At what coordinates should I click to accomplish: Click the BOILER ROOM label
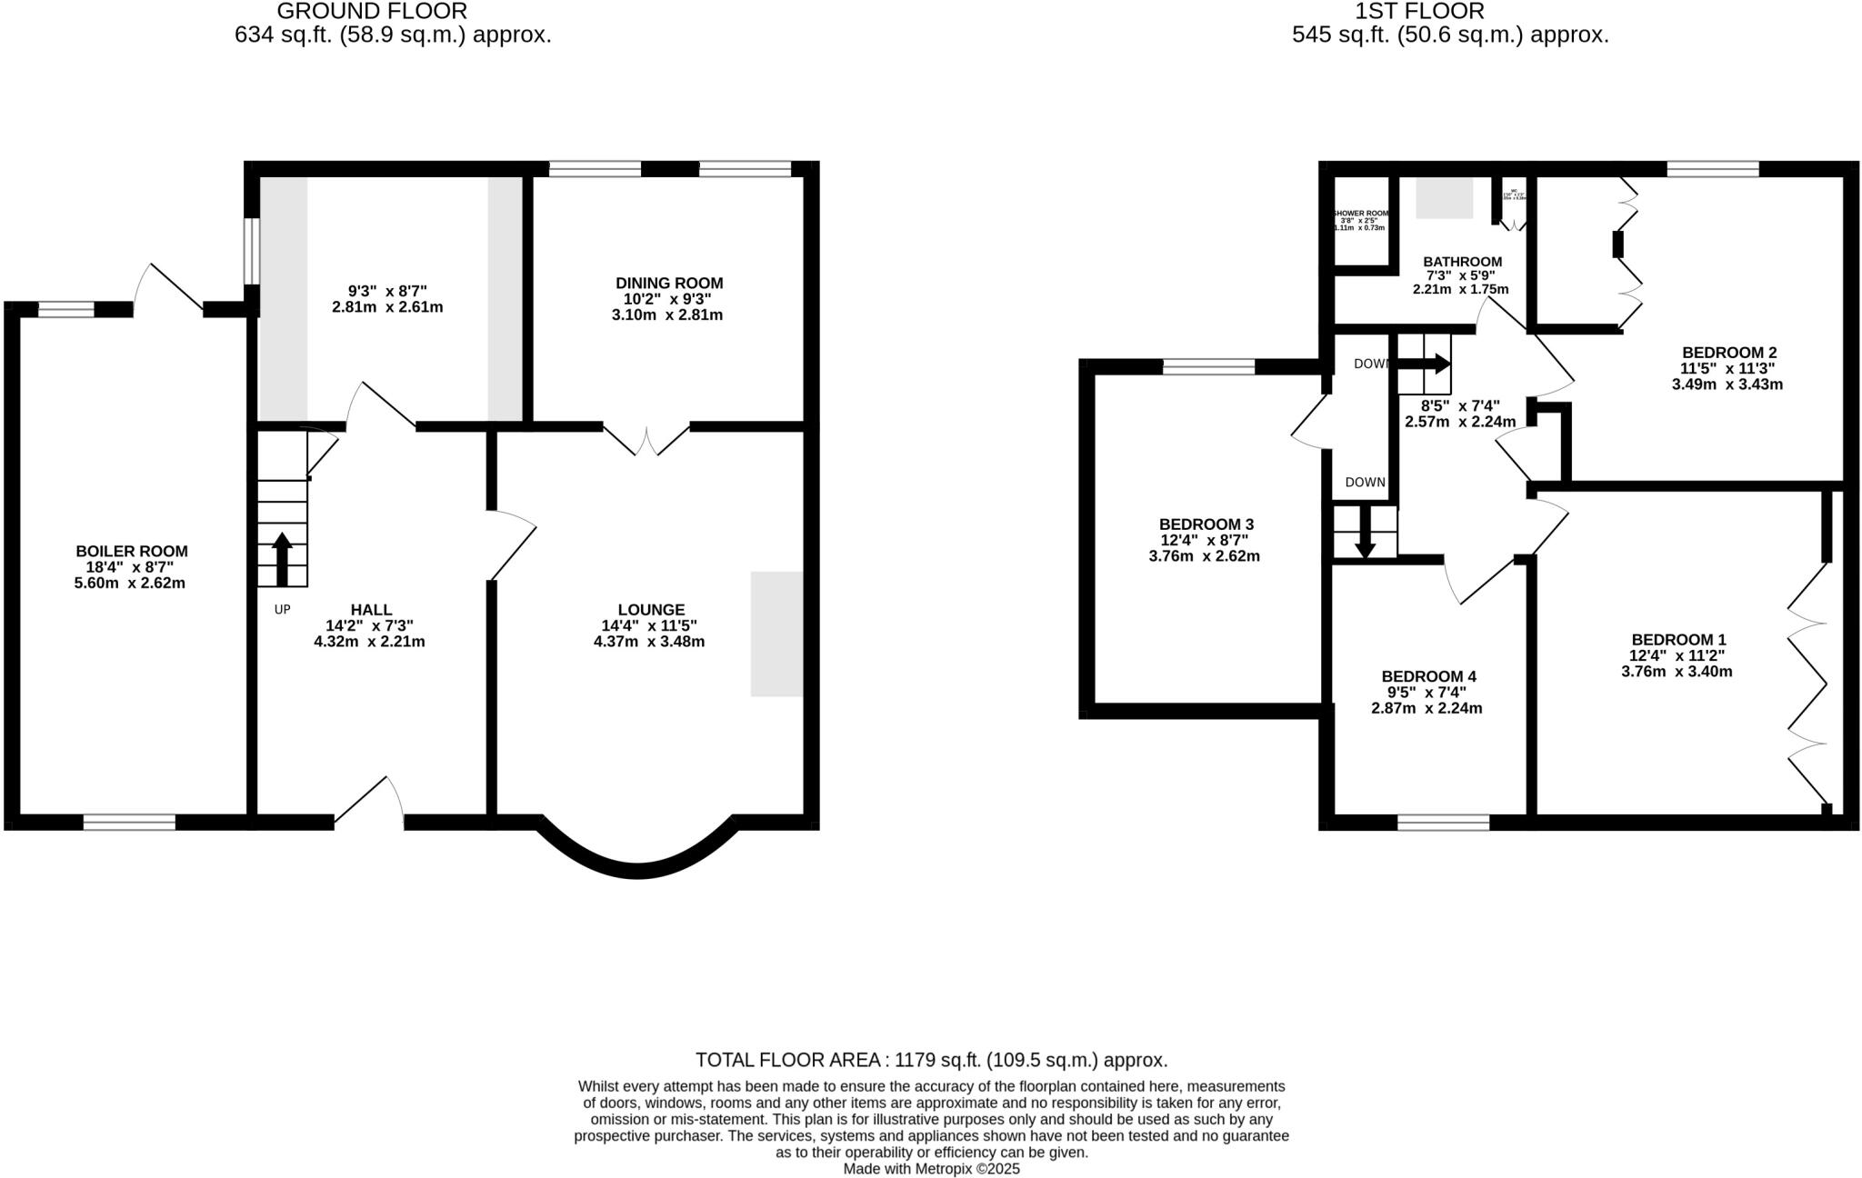click(132, 551)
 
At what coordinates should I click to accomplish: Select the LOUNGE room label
click(650, 610)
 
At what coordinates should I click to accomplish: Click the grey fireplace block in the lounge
click(776, 634)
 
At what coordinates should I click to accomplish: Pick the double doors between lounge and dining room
click(646, 440)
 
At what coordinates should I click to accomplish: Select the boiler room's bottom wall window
click(129, 823)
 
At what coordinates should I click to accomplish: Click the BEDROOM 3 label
click(1206, 524)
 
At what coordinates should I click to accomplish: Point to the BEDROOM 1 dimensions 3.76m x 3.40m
click(1677, 673)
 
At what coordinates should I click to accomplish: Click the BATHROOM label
click(1462, 262)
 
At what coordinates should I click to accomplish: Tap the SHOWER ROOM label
click(1360, 214)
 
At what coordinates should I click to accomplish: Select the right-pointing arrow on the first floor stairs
click(1424, 364)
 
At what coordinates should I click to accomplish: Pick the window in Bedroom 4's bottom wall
click(1443, 823)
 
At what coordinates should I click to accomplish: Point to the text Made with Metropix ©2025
click(931, 1169)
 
